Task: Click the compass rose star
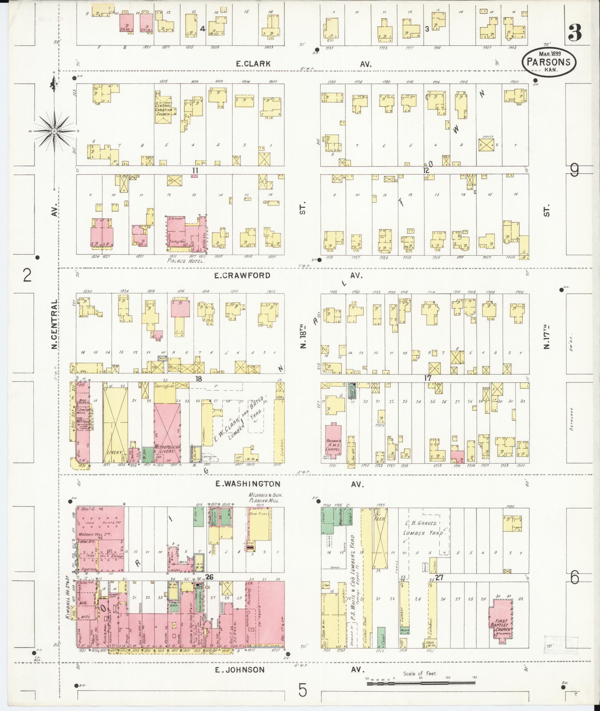(54, 131)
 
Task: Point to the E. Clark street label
(253, 64)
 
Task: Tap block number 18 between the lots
(199, 378)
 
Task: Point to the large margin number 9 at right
(575, 171)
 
